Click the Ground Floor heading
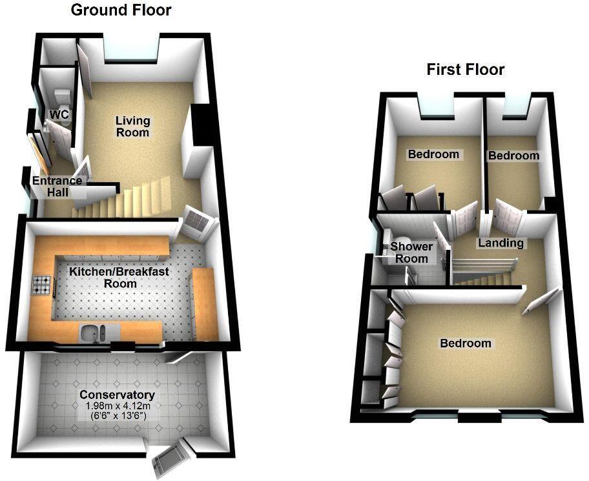121,10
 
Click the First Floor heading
465,70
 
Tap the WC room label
59,115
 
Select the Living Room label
133,127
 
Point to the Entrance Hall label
57,186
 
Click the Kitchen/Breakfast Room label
119,278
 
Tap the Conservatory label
117,395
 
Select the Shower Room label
412,252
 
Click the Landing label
501,243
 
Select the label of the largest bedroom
465,343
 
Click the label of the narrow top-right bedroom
513,156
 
